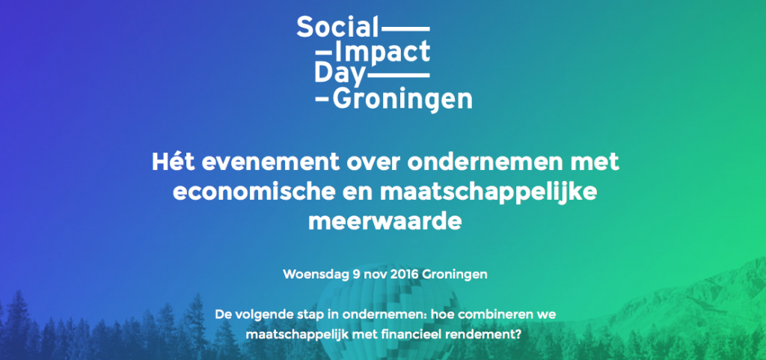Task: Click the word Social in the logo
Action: (x=337, y=27)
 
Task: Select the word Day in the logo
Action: (x=340, y=74)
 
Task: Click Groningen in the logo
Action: (x=402, y=99)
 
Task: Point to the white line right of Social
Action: (x=405, y=29)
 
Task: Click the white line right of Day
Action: (x=398, y=76)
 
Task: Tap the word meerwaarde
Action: (x=385, y=222)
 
